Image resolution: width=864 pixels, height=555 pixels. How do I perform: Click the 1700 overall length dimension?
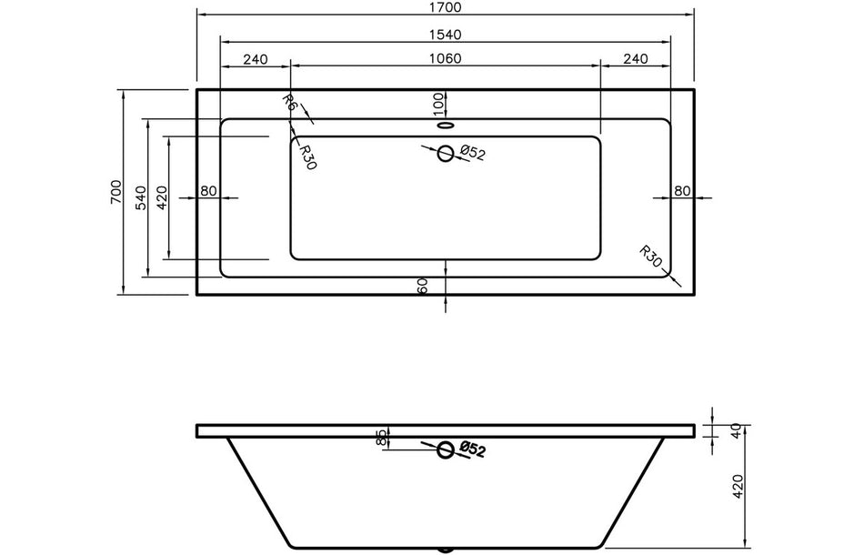point(446,8)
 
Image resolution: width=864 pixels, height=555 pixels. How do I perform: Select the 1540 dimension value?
point(446,35)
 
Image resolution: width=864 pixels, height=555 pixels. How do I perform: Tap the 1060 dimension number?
point(446,59)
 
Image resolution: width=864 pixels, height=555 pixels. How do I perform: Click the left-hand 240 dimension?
point(256,59)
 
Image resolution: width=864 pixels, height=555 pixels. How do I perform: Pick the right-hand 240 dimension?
point(636,59)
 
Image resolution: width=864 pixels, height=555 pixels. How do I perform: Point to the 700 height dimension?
point(116,192)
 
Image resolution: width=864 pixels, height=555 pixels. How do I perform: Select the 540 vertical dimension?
point(140,197)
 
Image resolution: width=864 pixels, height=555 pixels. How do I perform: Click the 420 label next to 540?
point(162,197)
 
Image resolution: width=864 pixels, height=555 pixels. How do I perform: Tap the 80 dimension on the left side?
point(208,190)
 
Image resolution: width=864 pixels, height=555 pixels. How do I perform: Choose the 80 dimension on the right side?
point(683,190)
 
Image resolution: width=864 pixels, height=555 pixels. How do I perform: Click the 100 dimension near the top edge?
point(438,102)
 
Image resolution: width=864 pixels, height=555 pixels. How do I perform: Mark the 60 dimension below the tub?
point(423,286)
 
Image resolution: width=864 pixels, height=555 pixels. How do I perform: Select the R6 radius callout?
point(289,103)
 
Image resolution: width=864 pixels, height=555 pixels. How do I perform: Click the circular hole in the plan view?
point(446,154)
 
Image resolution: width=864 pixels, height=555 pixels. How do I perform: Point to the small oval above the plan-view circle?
point(446,126)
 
